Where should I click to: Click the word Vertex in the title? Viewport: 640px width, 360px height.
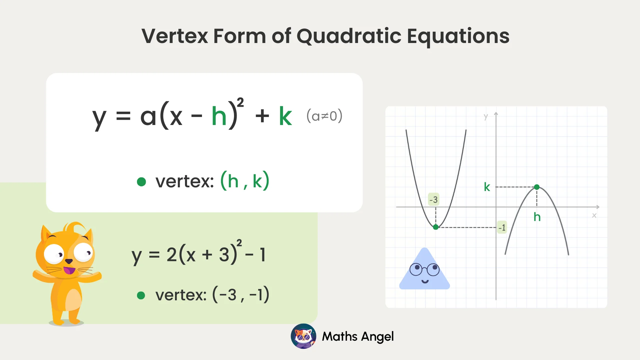[x=175, y=36]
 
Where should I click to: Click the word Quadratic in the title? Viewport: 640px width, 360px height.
[x=349, y=36]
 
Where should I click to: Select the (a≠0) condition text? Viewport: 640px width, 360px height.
[x=324, y=116]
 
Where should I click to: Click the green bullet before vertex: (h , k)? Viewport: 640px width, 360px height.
[x=141, y=182]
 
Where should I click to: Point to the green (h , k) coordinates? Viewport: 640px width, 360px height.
[x=245, y=181]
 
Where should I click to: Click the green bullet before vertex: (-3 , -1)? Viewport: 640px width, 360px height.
[x=141, y=295]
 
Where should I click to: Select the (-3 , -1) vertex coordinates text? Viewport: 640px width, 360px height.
[x=241, y=295]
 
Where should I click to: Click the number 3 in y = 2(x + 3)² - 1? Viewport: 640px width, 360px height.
[x=224, y=255]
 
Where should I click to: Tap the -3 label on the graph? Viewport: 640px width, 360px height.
[x=433, y=200]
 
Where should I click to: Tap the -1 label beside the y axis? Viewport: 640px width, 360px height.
[x=502, y=228]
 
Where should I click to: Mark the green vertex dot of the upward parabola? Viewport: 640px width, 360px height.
[x=436, y=227]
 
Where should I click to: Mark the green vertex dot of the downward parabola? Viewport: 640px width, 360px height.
[x=537, y=187]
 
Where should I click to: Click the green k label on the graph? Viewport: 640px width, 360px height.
[x=487, y=187]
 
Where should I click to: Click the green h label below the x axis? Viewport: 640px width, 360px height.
[x=537, y=217]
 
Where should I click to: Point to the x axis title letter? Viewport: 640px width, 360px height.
[x=594, y=216]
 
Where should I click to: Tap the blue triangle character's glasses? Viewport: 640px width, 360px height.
[x=425, y=269]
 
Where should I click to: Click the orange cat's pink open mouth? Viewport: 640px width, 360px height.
[x=69, y=270]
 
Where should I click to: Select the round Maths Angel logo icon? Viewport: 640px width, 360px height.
[x=303, y=336]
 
